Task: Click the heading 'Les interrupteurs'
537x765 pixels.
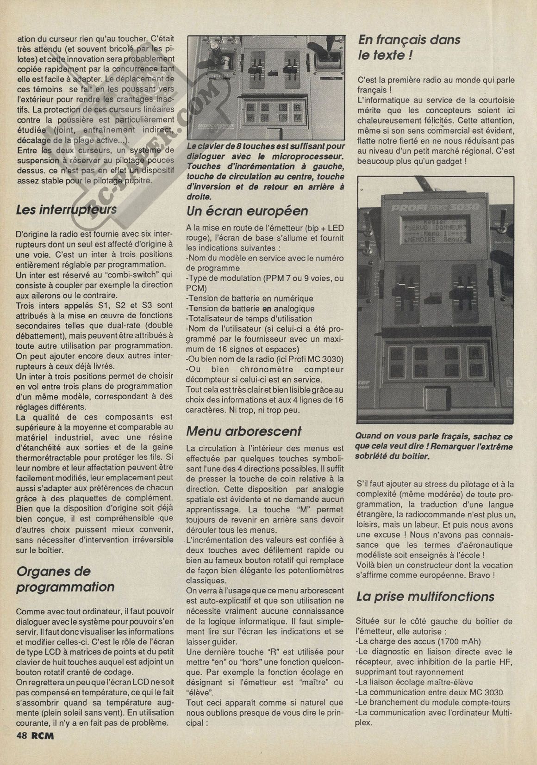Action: click(x=66, y=210)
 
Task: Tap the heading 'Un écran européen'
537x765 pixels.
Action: click(x=247, y=211)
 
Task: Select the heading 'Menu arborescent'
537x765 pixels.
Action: click(x=244, y=431)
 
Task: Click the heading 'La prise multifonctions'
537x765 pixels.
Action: click(x=425, y=596)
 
